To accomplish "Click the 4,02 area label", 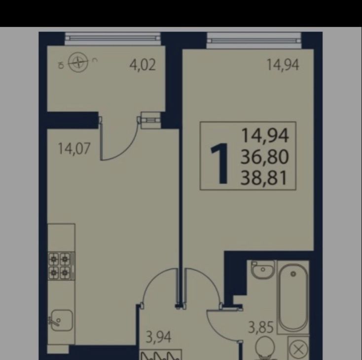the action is pyautogui.click(x=143, y=65).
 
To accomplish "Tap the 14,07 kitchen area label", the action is pyautogui.click(x=73, y=148).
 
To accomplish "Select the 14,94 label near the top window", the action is pyautogui.click(x=283, y=65).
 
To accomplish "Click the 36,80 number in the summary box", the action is pyautogui.click(x=264, y=157).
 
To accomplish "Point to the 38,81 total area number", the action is pyautogui.click(x=264, y=178).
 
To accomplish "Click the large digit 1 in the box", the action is pyautogui.click(x=219, y=164).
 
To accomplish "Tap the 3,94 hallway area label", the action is pyautogui.click(x=158, y=337).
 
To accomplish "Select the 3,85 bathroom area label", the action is pyautogui.click(x=261, y=327).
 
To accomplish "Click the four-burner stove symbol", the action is pyautogui.click(x=61, y=266).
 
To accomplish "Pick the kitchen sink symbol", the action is pyautogui.click(x=62, y=321).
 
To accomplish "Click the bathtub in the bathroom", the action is pyautogui.click(x=293, y=297).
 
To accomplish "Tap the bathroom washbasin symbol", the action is pyautogui.click(x=263, y=269).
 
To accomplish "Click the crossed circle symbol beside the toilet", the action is pyautogui.click(x=298, y=350).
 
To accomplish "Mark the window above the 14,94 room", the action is pyautogui.click(x=254, y=40).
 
